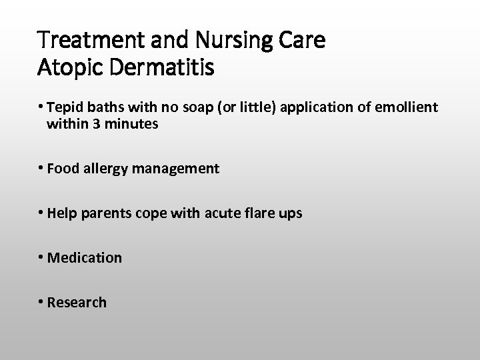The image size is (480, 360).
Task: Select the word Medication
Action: pyautogui.click(x=85, y=257)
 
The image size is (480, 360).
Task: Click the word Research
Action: pyautogui.click(x=77, y=302)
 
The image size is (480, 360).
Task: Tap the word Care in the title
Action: pyautogui.click(x=306, y=42)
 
